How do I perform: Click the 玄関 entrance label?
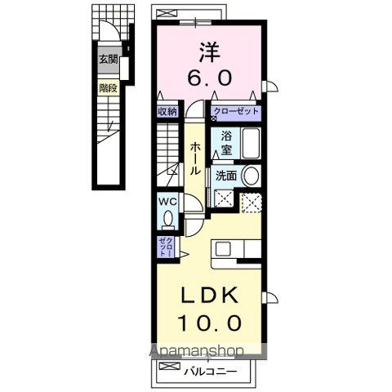pos(109,59)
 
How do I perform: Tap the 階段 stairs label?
pos(108,88)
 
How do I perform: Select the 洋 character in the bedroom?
pos(209,52)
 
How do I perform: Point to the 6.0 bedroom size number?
pos(210,78)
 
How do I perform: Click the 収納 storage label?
pos(167,112)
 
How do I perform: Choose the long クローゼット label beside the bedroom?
pos(236,111)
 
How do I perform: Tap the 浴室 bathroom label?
pos(226,143)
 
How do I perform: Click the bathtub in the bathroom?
pos(251,143)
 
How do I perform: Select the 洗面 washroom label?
pos(225,176)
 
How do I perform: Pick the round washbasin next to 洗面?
pos(251,176)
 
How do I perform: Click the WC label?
pos(167,202)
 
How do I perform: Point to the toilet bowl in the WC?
pos(167,218)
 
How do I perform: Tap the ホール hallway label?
pos(195,158)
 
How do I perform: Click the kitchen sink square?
pos(223,249)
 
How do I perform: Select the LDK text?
pos(209,296)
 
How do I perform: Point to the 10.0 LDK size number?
pos(209,323)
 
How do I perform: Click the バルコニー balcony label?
pos(210,372)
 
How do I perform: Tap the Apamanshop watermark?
pos(197,351)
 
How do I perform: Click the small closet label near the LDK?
pos(166,247)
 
